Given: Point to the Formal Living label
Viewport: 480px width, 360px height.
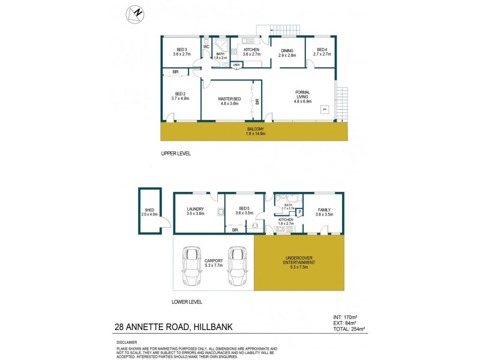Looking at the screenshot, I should coord(302,95).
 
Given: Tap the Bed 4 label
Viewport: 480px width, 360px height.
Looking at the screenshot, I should coord(322,52).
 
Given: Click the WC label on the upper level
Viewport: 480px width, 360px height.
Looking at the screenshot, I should coord(206,46).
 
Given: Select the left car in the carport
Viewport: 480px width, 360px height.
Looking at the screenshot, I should coord(193,267).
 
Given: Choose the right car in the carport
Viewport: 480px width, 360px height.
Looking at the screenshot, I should coord(236,267).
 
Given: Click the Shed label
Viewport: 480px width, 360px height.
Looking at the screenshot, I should coord(148,211).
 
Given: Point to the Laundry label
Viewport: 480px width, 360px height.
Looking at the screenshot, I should coord(196,210).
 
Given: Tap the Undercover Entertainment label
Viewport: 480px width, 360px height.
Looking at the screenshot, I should coord(298,262).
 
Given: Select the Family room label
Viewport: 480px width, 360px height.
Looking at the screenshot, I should coord(324,210).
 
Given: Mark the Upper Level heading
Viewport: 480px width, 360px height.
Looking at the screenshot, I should coord(176,154).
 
